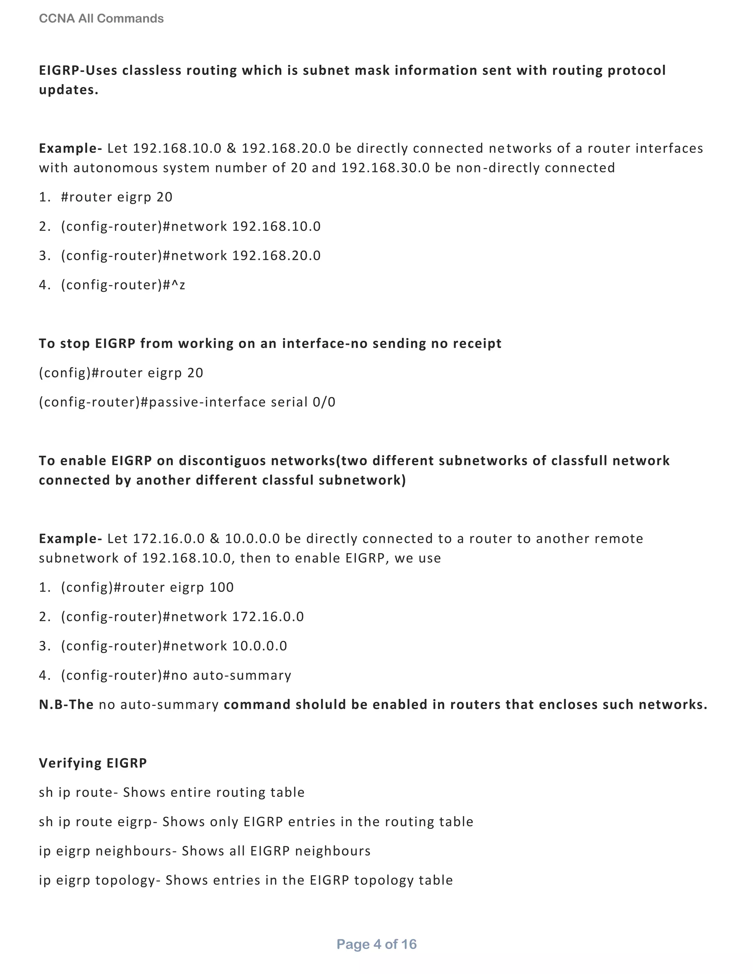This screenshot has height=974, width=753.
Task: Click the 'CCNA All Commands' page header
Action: pos(101,18)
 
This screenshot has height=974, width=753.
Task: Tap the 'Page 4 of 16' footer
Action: pos(376,944)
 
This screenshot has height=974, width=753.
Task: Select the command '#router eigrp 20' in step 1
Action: pos(117,197)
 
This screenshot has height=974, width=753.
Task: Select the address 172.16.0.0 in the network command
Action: pos(268,617)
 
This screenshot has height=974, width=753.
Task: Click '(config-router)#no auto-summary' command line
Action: pos(176,675)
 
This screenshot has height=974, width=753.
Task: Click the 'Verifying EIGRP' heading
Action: pos(93,763)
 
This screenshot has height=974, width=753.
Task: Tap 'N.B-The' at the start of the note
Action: pos(66,705)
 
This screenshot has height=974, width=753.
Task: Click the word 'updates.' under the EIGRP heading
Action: pos(69,90)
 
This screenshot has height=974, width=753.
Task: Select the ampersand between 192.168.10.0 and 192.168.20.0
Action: pos(231,148)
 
